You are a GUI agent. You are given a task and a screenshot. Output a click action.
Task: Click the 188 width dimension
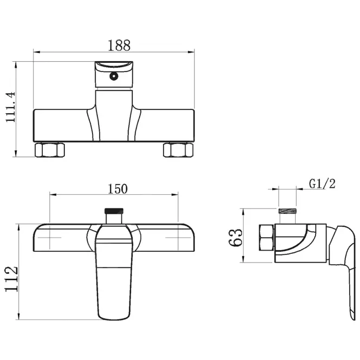click(x=119, y=45)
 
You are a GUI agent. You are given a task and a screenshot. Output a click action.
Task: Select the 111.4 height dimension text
click(x=11, y=107)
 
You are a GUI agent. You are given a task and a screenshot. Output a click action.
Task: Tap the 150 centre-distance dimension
click(x=117, y=189)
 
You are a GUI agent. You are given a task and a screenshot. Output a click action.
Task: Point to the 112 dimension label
click(x=11, y=279)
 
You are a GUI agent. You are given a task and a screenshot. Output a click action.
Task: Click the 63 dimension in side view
click(x=236, y=238)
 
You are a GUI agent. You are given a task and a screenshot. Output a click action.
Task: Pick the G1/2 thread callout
click(x=322, y=184)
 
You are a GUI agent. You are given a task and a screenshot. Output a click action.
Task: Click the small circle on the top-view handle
click(x=114, y=76)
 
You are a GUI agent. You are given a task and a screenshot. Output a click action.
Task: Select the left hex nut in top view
click(x=50, y=150)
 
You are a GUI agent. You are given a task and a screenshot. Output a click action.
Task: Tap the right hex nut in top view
click(x=178, y=150)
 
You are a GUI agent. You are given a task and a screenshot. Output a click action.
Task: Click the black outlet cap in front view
click(x=114, y=211)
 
